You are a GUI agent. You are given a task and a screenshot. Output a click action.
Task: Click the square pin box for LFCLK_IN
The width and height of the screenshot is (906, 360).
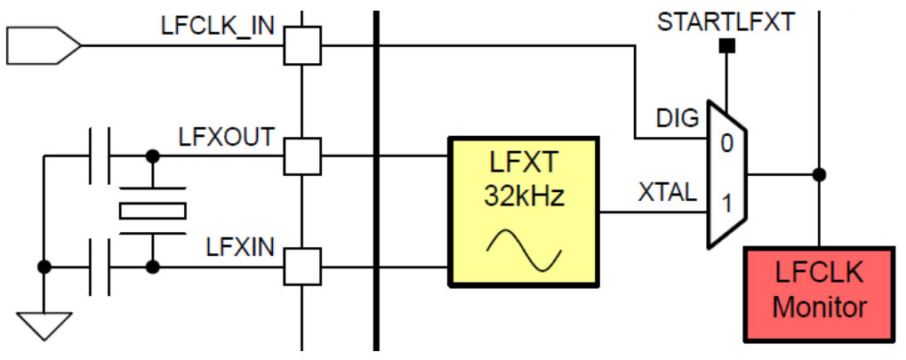[302, 44]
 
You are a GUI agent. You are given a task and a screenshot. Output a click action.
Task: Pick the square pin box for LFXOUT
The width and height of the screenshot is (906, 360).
[302, 156]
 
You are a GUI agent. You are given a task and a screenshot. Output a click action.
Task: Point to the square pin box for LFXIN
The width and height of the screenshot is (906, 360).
[302, 265]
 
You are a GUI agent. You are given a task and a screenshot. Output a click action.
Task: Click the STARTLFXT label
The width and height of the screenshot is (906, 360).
[726, 22]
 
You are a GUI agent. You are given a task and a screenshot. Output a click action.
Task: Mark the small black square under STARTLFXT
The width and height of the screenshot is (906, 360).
[726, 45]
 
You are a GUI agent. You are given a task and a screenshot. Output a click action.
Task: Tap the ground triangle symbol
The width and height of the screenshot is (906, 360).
[42, 324]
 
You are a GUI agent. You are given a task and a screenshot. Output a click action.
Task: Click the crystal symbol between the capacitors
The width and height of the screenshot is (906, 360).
[153, 211]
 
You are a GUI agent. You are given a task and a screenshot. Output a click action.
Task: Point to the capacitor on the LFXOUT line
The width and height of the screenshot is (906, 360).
[98, 156]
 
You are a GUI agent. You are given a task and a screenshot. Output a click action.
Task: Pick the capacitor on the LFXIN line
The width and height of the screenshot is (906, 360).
[98, 265]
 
